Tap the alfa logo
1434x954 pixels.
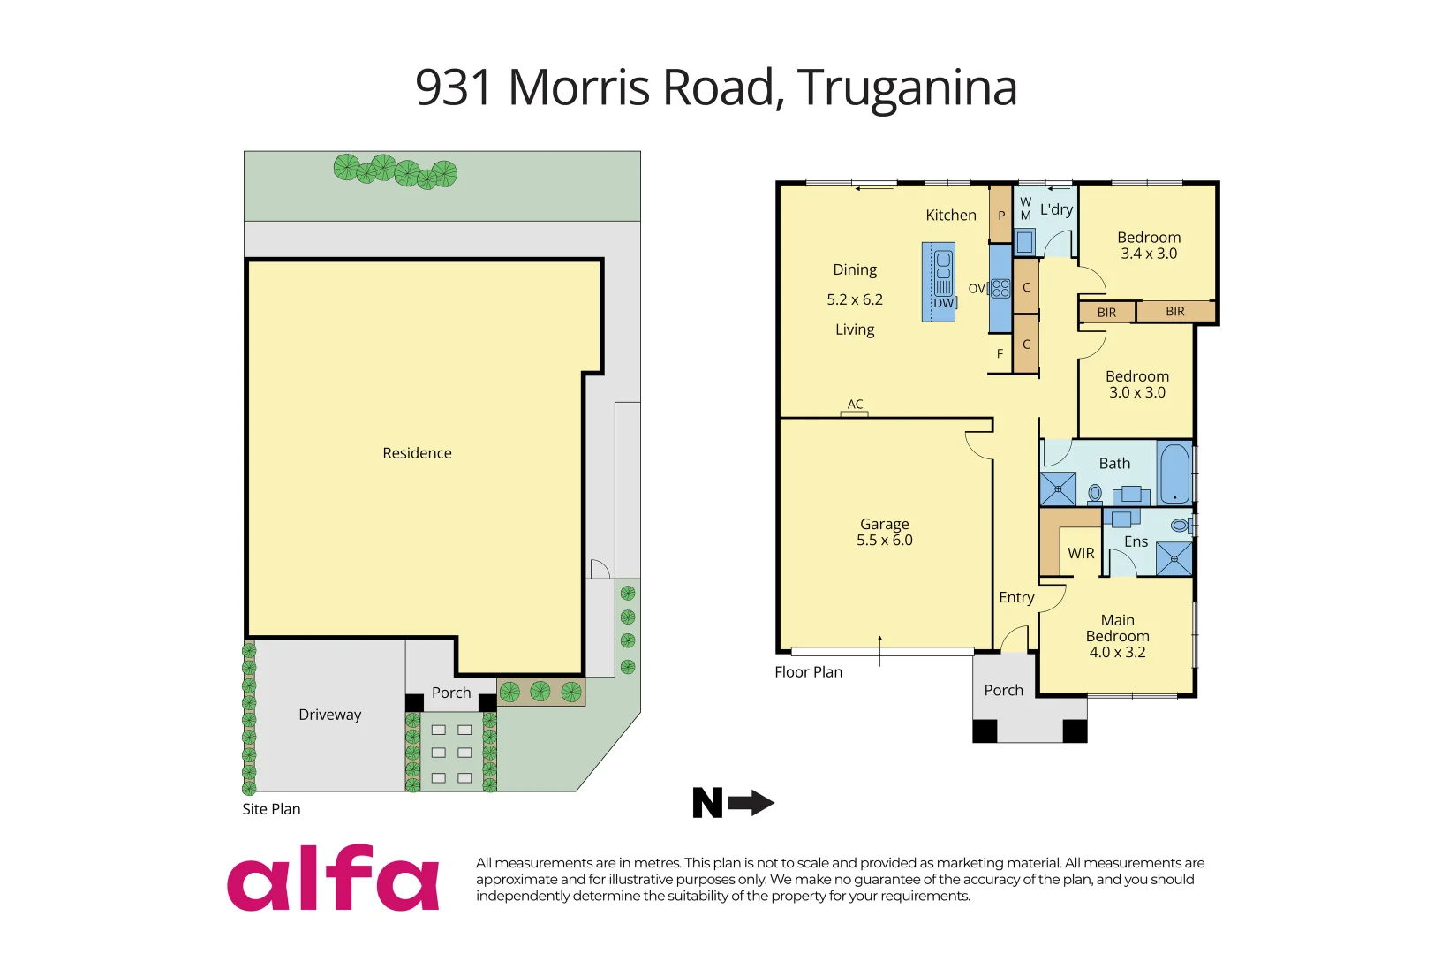point(333,879)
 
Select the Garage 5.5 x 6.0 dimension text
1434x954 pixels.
point(884,540)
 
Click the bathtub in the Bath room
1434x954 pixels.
point(1174,473)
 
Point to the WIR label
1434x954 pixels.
point(1081,553)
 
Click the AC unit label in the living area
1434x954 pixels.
point(855,404)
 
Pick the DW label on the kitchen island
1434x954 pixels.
point(943,302)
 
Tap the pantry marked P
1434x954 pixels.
point(1000,215)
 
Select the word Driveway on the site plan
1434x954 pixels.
point(329,715)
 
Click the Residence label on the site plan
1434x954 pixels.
point(417,453)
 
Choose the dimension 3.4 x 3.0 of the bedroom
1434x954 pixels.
point(1148,254)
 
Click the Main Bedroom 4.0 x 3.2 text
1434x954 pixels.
point(1117,636)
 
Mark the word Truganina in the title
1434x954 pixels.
point(907,87)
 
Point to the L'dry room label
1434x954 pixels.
point(1056,209)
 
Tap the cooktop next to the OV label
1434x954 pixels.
point(1000,288)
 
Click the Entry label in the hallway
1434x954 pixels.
point(1016,597)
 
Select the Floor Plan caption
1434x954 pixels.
point(808,672)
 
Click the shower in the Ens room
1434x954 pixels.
point(1174,559)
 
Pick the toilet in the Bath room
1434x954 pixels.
point(1095,493)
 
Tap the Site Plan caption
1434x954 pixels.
point(271,809)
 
